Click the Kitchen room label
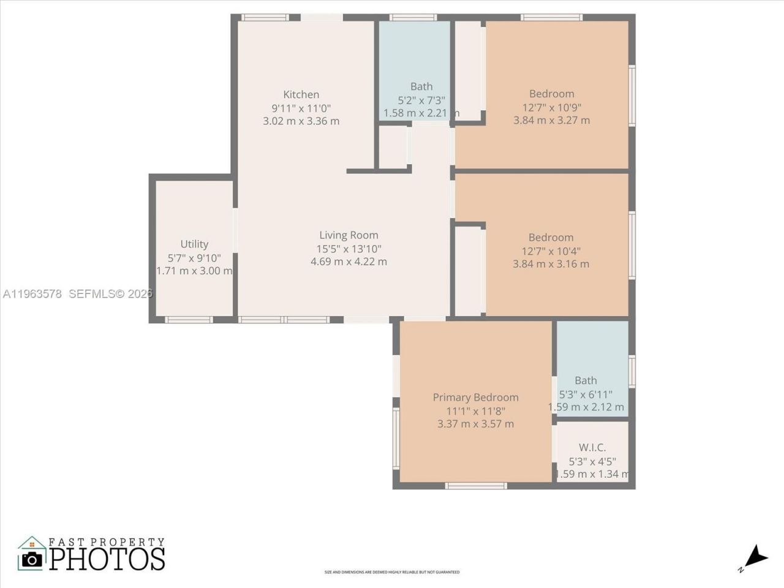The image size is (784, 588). click(x=301, y=94)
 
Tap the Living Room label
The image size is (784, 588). click(x=349, y=235)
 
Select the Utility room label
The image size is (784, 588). click(x=194, y=244)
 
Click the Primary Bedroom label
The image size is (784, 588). click(x=475, y=398)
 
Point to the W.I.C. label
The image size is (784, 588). click(x=592, y=448)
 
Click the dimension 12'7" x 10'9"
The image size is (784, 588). click(x=551, y=107)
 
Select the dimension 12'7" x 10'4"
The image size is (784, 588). click(x=551, y=251)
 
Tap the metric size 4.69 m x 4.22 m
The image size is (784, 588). click(x=349, y=262)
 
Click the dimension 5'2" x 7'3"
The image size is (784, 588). click(x=421, y=100)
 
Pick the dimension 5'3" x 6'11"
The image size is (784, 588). click(x=586, y=394)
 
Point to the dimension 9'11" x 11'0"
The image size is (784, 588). click(x=301, y=108)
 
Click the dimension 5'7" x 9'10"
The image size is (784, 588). click(x=194, y=258)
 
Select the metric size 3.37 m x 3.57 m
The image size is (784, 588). click(x=475, y=424)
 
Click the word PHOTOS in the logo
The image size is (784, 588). click(x=107, y=559)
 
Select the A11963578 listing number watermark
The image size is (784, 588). click(x=32, y=294)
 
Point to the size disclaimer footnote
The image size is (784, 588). click(x=392, y=572)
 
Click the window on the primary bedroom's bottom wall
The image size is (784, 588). click(x=475, y=486)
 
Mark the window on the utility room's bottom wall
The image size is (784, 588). click(x=189, y=320)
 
